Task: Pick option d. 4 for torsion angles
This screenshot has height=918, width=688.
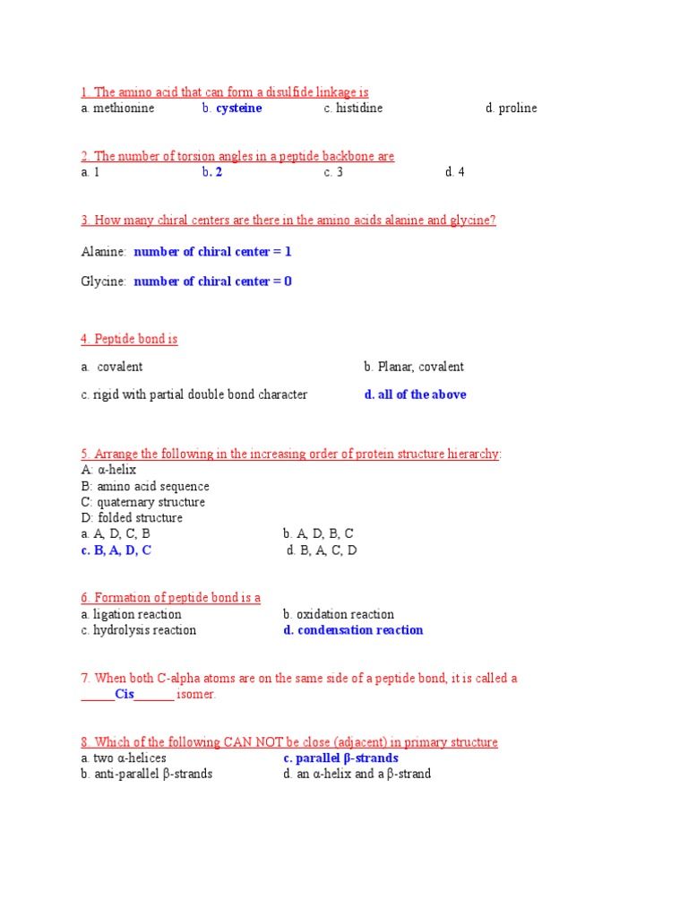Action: (455, 172)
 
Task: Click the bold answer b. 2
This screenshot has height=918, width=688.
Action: (212, 172)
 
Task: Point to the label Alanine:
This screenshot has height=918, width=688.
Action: (103, 252)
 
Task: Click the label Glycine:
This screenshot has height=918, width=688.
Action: (103, 281)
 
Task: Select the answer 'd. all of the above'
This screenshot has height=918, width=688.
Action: (415, 394)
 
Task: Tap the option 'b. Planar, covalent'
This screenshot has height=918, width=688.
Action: (414, 367)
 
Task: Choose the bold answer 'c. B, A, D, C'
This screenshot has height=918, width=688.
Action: (116, 550)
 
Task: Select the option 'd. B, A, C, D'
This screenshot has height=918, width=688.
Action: (322, 550)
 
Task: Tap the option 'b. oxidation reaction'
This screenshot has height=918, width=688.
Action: (339, 614)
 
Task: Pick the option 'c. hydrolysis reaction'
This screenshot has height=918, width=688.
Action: (138, 630)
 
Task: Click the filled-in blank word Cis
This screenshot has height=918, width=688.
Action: (125, 695)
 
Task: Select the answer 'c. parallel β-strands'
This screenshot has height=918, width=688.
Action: (340, 758)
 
